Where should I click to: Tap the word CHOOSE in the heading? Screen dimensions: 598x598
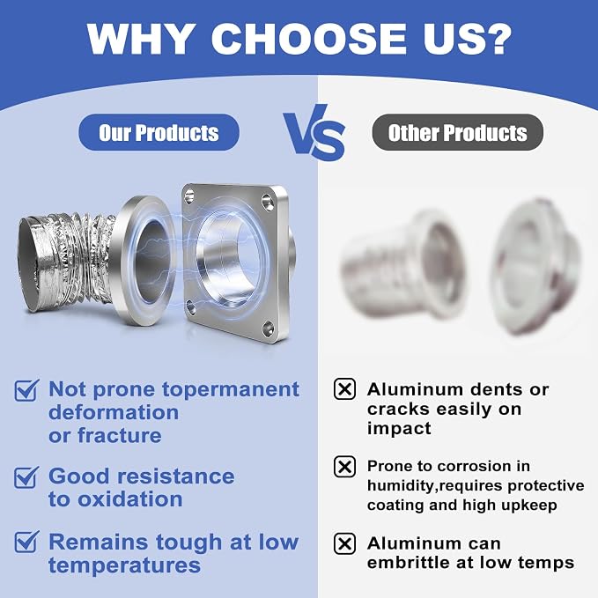click(309, 39)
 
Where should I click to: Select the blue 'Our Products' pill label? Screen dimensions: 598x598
click(159, 132)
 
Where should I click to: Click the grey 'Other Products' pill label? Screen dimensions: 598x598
click(457, 132)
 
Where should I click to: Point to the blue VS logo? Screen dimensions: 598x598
click(314, 132)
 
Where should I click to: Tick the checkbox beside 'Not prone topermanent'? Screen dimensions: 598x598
click(26, 390)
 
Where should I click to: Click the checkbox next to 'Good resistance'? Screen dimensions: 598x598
click(26, 477)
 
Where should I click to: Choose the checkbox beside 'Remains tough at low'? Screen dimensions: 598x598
click(26, 542)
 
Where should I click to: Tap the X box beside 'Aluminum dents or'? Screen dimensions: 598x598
click(344, 389)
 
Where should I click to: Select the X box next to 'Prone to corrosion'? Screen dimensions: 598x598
click(344, 467)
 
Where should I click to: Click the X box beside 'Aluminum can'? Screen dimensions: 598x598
click(344, 543)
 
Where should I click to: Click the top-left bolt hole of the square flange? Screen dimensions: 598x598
click(189, 196)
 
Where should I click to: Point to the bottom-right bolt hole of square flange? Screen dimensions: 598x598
click(268, 329)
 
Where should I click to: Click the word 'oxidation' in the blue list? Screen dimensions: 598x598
click(130, 499)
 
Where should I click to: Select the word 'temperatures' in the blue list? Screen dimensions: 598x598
click(124, 565)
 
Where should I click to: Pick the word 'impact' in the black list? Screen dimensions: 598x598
click(399, 429)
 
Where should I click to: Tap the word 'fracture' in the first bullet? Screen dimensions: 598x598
click(120, 436)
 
